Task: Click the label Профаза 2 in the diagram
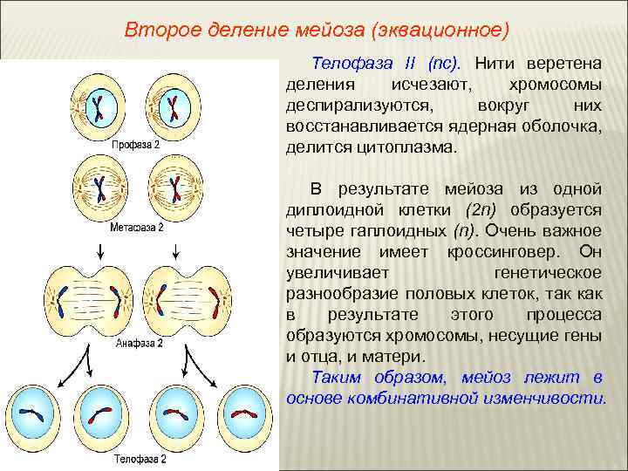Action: click(134, 143)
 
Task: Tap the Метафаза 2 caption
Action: click(137, 227)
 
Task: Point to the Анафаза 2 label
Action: click(140, 344)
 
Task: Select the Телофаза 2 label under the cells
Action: click(140, 456)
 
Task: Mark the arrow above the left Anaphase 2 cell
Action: click(103, 250)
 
